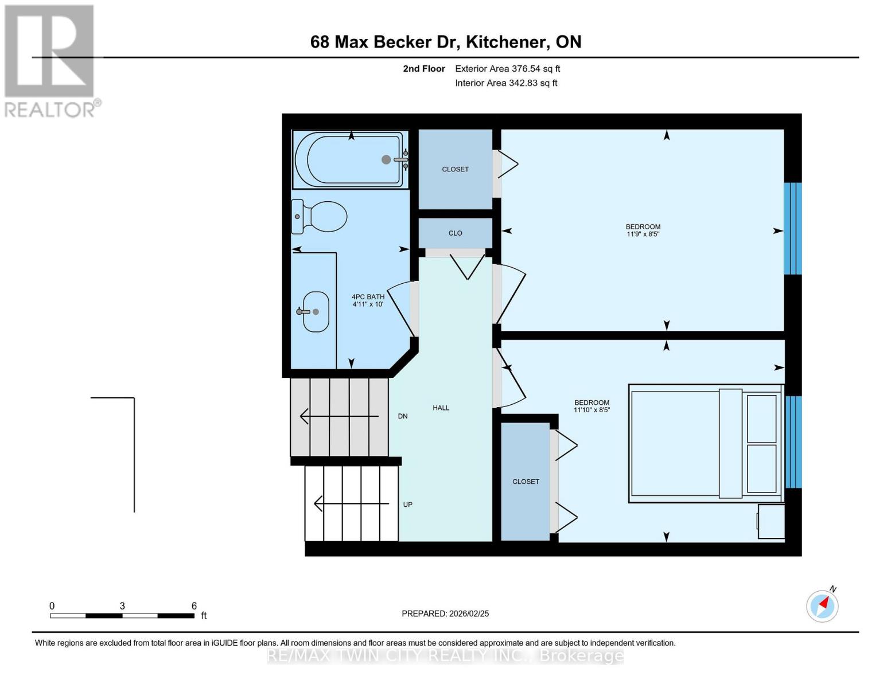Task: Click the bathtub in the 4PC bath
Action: pos(350,160)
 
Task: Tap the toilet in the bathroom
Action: pos(320,217)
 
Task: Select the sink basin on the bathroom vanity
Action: pos(316,312)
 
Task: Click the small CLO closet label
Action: pos(455,233)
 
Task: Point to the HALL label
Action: pos(441,408)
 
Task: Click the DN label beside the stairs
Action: pos(403,416)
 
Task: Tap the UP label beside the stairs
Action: pos(407,505)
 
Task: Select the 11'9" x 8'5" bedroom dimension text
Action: pos(643,234)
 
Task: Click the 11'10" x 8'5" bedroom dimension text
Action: pos(592,410)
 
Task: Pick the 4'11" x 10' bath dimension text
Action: pos(368,304)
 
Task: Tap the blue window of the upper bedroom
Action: pos(792,229)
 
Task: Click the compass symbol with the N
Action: pos(822,605)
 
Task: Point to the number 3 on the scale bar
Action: pos(122,606)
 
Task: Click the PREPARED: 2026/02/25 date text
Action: pos(445,613)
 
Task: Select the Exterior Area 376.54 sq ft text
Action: pos(507,69)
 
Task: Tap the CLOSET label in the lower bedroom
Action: pos(526,482)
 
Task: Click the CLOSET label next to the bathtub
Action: pos(455,169)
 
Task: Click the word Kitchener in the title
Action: pos(505,42)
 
